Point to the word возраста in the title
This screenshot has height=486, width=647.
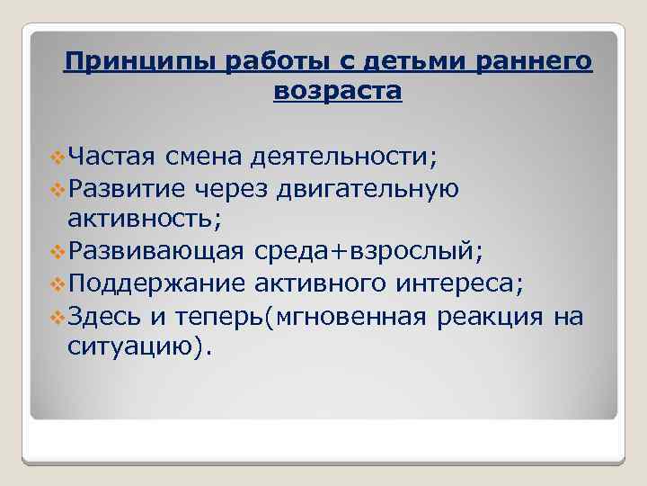336,92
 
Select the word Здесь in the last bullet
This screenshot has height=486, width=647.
102,316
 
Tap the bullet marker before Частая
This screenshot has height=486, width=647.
58,159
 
